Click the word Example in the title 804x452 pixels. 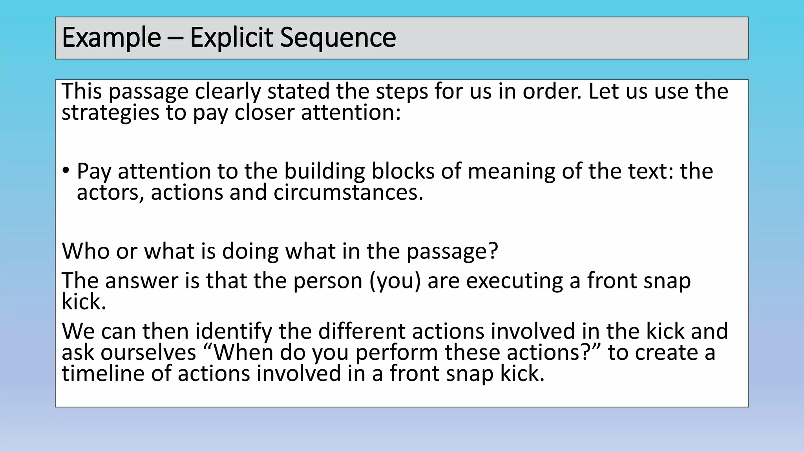click(x=111, y=38)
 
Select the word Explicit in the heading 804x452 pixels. click(x=231, y=38)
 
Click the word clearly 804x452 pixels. click(x=228, y=92)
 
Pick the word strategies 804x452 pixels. click(x=110, y=113)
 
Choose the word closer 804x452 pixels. click(x=264, y=113)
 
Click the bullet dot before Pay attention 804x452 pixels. click(x=66, y=171)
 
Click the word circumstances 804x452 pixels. click(x=348, y=193)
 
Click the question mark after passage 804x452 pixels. click(x=493, y=251)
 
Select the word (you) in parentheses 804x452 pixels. click(x=395, y=281)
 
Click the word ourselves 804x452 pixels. click(x=148, y=352)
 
